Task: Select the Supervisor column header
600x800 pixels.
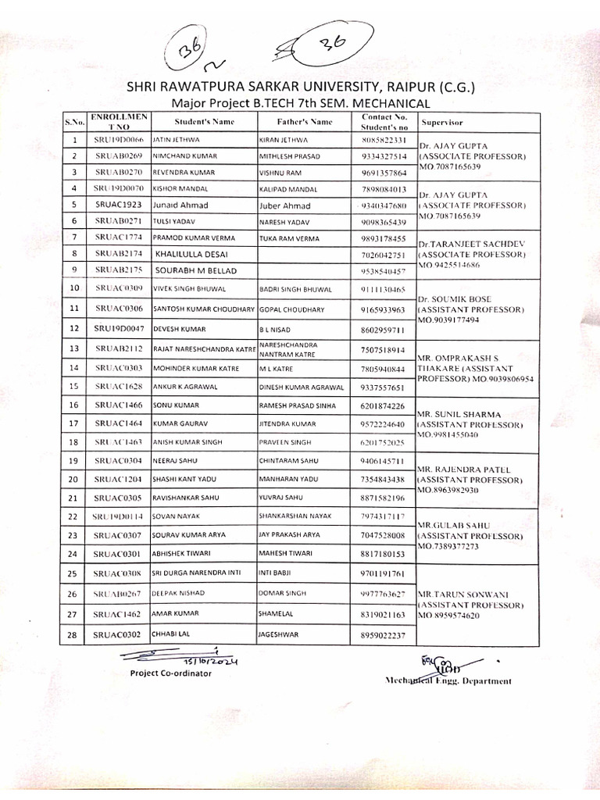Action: click(x=442, y=123)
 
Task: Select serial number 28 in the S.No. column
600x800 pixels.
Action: click(x=73, y=635)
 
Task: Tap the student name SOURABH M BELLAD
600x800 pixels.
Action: click(x=195, y=270)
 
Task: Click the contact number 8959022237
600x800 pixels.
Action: click(x=383, y=636)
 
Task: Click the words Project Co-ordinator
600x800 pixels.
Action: click(x=170, y=673)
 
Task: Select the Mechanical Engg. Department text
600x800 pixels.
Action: click(x=448, y=680)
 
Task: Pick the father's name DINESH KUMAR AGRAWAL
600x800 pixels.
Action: click(x=301, y=387)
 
